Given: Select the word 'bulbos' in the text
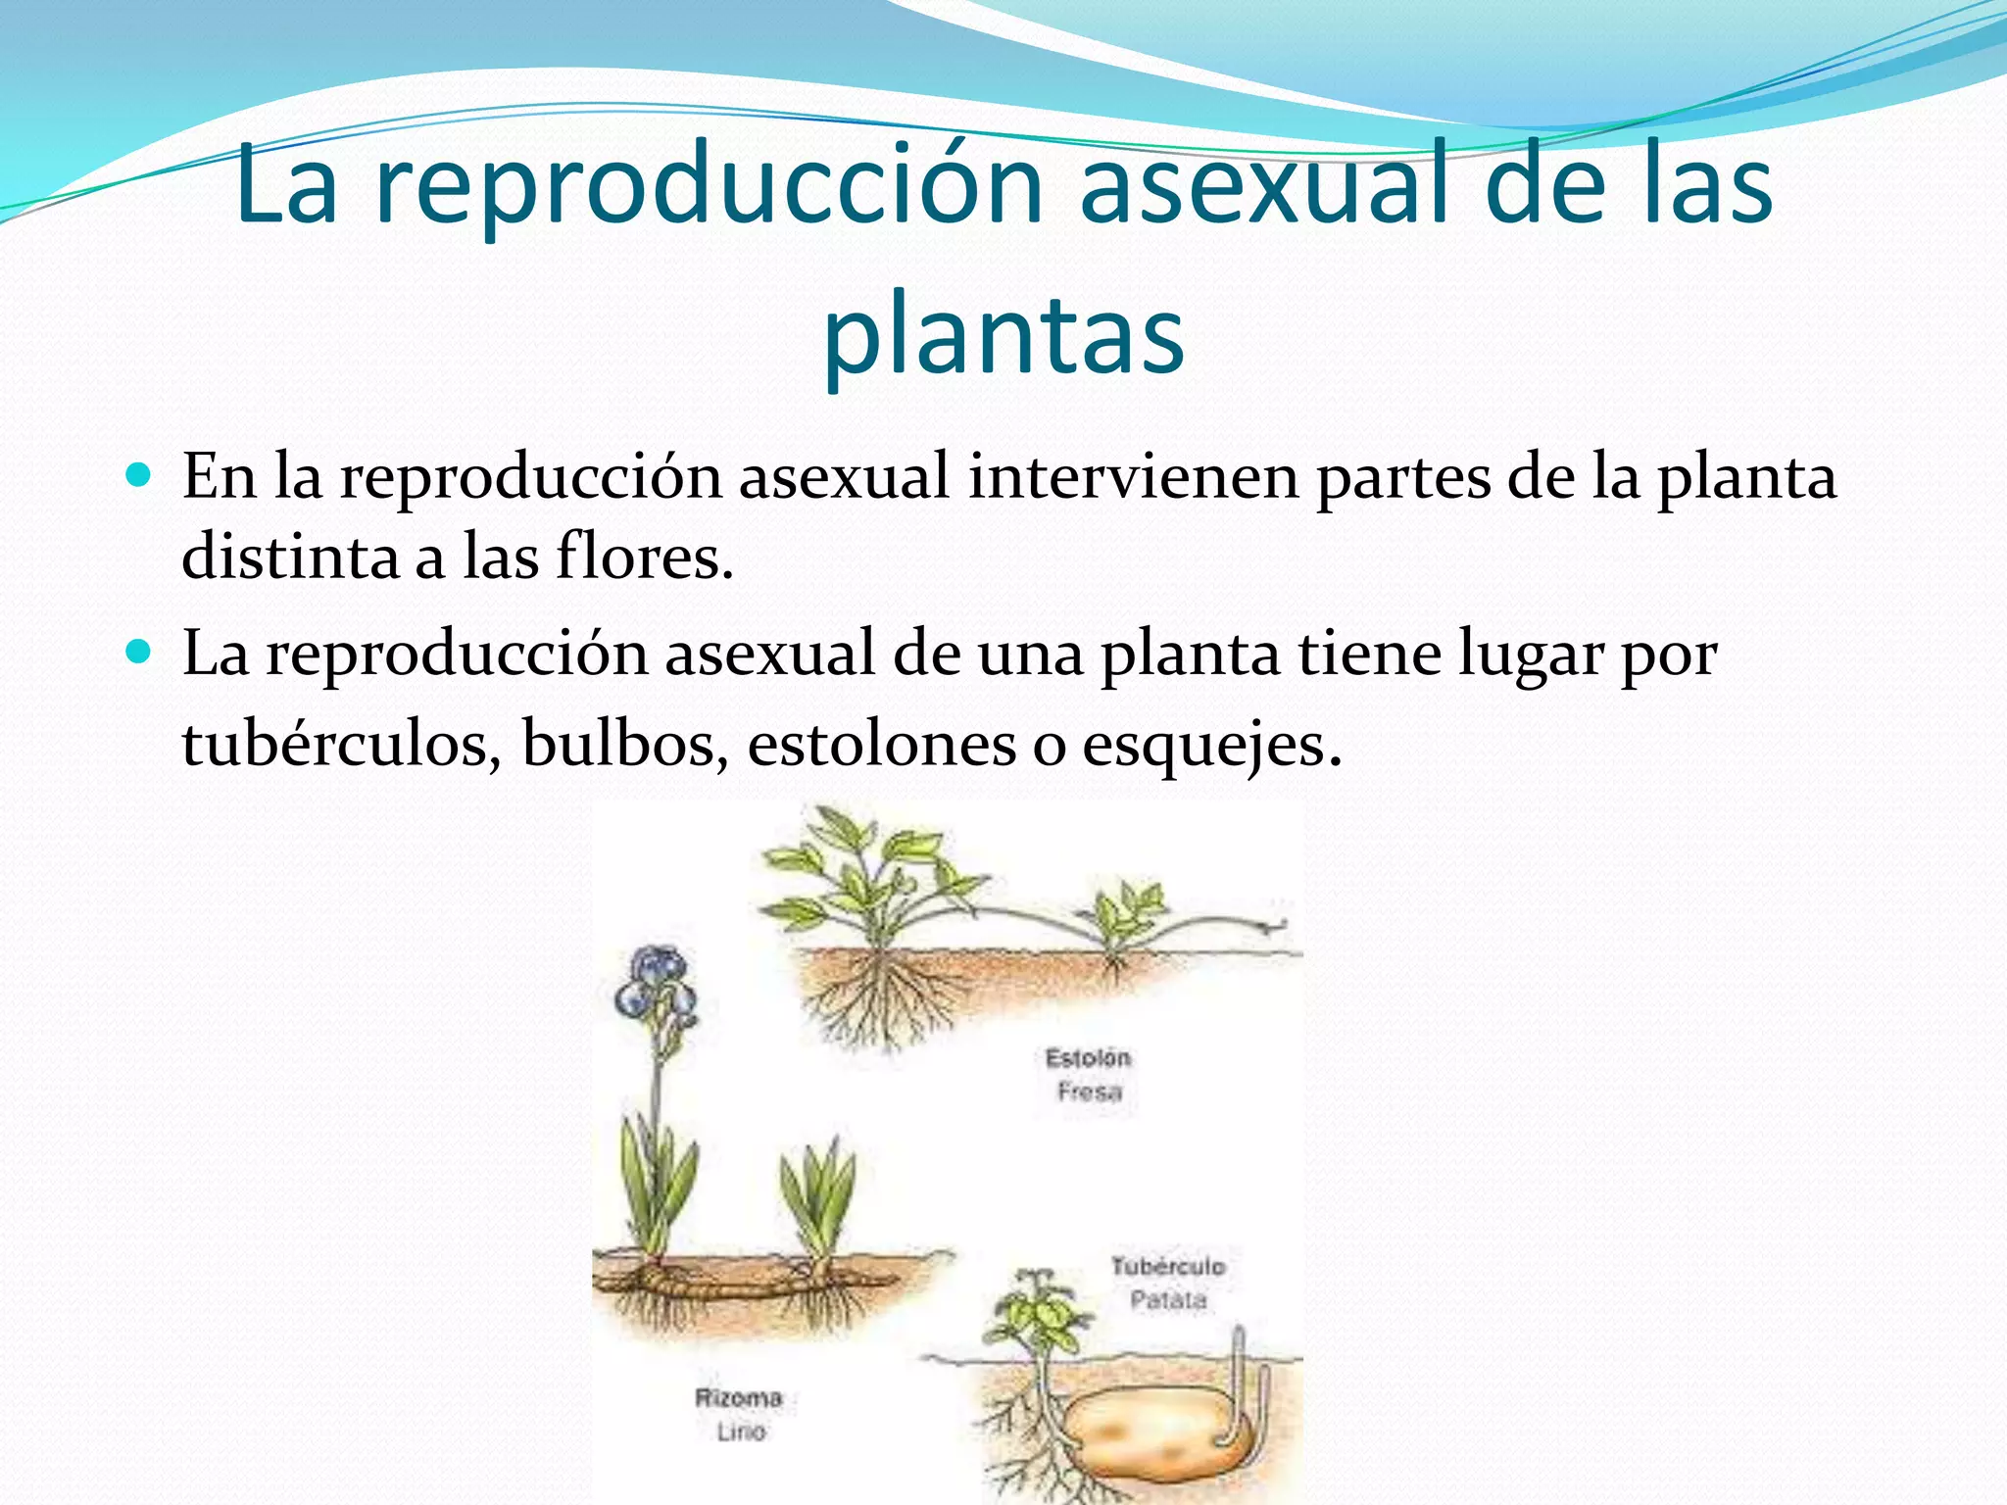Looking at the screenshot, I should (625, 743).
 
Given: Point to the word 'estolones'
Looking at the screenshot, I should (882, 743).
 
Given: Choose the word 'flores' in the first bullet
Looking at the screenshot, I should (644, 557).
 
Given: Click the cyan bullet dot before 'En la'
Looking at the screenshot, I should (140, 476).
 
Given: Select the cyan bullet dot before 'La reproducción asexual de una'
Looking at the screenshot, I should (140, 652).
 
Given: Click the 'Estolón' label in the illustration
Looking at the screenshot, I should (1088, 1058).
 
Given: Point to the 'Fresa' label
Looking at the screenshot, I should (1089, 1092).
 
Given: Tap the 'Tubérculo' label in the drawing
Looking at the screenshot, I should (1167, 1266).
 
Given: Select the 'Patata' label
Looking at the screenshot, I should (1167, 1300).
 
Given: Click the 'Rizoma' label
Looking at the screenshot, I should (739, 1398).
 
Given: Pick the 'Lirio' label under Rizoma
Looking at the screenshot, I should (740, 1432).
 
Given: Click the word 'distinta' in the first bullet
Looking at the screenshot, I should (290, 557).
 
